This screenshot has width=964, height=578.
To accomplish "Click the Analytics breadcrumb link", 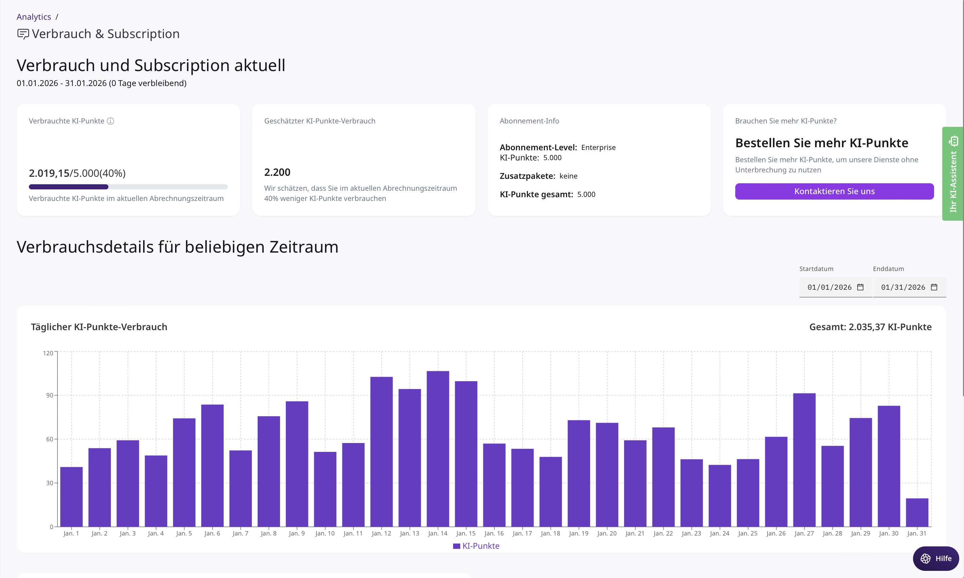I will coord(34,17).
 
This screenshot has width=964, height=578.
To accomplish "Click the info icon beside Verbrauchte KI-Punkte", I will coord(110,121).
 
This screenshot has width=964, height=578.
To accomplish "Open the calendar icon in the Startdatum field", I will coord(860,287).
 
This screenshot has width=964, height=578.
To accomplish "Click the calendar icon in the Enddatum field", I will coord(934,287).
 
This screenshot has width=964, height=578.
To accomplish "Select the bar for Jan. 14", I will coord(437,448).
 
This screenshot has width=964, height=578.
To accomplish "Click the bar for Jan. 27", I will coord(804,460).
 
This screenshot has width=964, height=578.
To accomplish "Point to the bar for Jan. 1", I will coord(71,497).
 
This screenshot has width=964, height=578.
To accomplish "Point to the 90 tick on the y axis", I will coord(49,395).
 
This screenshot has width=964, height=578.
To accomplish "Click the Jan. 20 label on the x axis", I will coord(607,533).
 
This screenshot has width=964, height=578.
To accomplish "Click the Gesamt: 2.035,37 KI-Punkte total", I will coord(870,327).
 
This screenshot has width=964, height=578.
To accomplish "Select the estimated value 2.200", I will coord(277,172).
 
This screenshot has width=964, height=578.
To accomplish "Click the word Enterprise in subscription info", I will coord(598,148).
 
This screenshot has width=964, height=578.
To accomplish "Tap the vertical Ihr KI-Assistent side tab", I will coord(952,174).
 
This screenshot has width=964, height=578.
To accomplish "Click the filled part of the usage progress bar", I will coord(68,187).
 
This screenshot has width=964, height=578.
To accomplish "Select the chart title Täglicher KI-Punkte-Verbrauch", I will coord(99,327).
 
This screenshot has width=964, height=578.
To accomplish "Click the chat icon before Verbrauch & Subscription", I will coord(23,34).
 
